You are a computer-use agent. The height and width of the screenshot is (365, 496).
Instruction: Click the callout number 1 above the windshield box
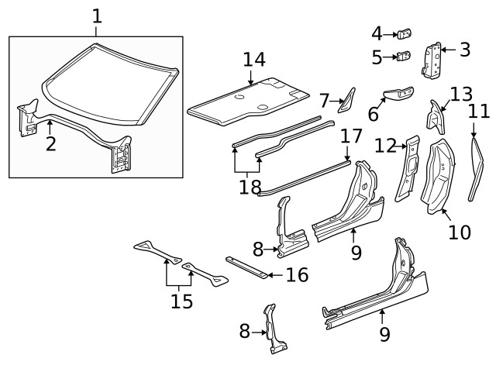[96, 15]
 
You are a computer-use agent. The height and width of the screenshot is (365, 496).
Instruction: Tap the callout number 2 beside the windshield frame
[50, 143]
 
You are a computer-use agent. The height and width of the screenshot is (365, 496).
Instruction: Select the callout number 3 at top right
[464, 51]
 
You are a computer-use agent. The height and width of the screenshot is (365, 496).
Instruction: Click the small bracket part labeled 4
[405, 34]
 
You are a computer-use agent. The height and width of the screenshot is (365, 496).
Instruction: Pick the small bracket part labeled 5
[404, 57]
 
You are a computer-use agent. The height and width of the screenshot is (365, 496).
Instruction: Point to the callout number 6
[373, 114]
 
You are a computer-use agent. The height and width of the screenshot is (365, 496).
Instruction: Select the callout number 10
[459, 232]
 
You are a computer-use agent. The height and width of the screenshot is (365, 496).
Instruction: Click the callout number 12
[384, 146]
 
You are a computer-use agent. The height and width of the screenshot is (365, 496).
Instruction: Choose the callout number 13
[460, 95]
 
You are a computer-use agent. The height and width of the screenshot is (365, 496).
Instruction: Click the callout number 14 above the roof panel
[253, 58]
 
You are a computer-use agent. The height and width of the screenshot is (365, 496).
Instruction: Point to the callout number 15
[181, 300]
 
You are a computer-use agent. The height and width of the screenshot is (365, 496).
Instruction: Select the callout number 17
[351, 137]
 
